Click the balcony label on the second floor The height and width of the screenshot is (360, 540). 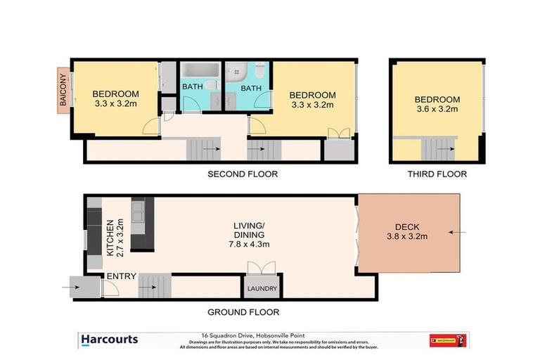click(x=63, y=91)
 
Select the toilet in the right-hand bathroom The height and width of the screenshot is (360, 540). click(x=260, y=72)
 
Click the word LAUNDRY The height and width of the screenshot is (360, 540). click(x=261, y=289)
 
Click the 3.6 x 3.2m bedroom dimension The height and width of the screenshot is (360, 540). click(x=437, y=109)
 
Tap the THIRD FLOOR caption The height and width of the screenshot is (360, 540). click(x=436, y=174)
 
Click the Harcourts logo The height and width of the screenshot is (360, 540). click(x=110, y=340)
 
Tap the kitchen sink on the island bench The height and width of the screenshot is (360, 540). click(x=138, y=210)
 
